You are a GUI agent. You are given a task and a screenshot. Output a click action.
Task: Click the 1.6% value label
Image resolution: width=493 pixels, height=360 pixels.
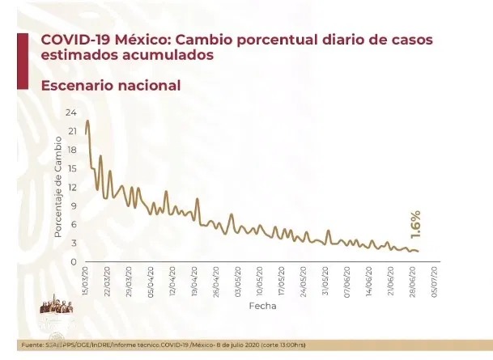415,224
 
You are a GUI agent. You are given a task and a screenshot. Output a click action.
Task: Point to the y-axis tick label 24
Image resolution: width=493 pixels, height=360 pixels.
71,112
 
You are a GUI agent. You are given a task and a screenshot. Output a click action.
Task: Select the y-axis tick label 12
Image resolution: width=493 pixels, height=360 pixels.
71,188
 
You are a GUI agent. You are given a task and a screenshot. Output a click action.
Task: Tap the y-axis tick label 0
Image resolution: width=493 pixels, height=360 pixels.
74,262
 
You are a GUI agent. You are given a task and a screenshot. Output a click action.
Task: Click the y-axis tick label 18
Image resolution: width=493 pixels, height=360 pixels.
71,150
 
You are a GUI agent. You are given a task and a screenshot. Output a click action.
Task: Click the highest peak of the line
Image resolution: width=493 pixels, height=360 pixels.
87,121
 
